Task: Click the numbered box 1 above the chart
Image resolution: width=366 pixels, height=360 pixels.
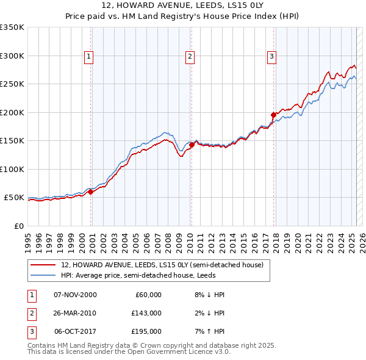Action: tap(89, 57)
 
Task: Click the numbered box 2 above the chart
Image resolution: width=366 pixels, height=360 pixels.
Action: tap(190, 57)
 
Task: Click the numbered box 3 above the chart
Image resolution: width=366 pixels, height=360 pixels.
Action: tap(271, 57)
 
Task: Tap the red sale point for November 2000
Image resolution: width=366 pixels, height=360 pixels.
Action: tap(91, 192)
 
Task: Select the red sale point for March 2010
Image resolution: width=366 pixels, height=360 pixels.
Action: tap(192, 145)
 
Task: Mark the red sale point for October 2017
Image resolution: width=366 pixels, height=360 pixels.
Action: tap(273, 115)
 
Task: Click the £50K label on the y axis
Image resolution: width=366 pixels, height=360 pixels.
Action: tap(14, 198)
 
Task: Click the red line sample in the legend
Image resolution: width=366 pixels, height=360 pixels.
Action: tap(43, 265)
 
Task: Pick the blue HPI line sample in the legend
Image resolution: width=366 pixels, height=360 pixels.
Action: tap(43, 276)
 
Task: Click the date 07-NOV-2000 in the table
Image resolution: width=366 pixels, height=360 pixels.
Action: tap(75, 295)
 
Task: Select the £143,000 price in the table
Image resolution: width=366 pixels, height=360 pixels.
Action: tap(146, 313)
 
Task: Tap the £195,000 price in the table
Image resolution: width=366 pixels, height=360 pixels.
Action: tap(146, 331)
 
